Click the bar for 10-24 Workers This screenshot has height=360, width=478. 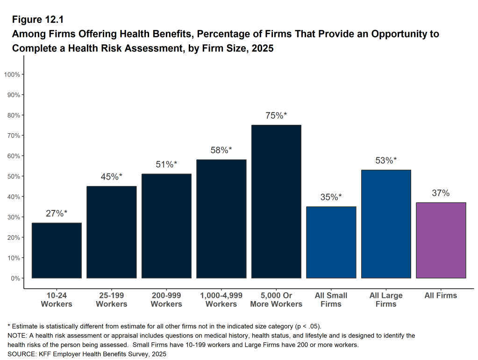[x=57, y=250]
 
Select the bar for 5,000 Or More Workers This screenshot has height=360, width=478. [x=276, y=202]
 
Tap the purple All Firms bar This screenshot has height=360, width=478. [x=441, y=240]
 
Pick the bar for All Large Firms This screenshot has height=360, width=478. [x=386, y=224]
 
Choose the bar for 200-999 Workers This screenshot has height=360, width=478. [x=166, y=226]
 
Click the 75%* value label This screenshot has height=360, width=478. [x=276, y=116]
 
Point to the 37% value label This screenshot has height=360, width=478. [x=441, y=193]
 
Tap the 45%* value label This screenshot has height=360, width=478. [x=112, y=177]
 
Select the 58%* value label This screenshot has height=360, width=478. [x=221, y=150]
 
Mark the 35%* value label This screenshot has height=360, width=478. [x=331, y=197]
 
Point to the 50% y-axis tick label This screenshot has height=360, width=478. [x=15, y=176]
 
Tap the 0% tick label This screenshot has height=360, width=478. [x=17, y=278]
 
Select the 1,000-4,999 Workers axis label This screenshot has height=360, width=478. [x=221, y=300]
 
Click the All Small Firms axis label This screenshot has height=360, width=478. [x=331, y=300]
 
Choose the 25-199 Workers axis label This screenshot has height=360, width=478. [x=112, y=300]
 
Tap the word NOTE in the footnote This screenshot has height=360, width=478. [x=16, y=336]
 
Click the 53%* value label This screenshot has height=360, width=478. [x=386, y=160]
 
